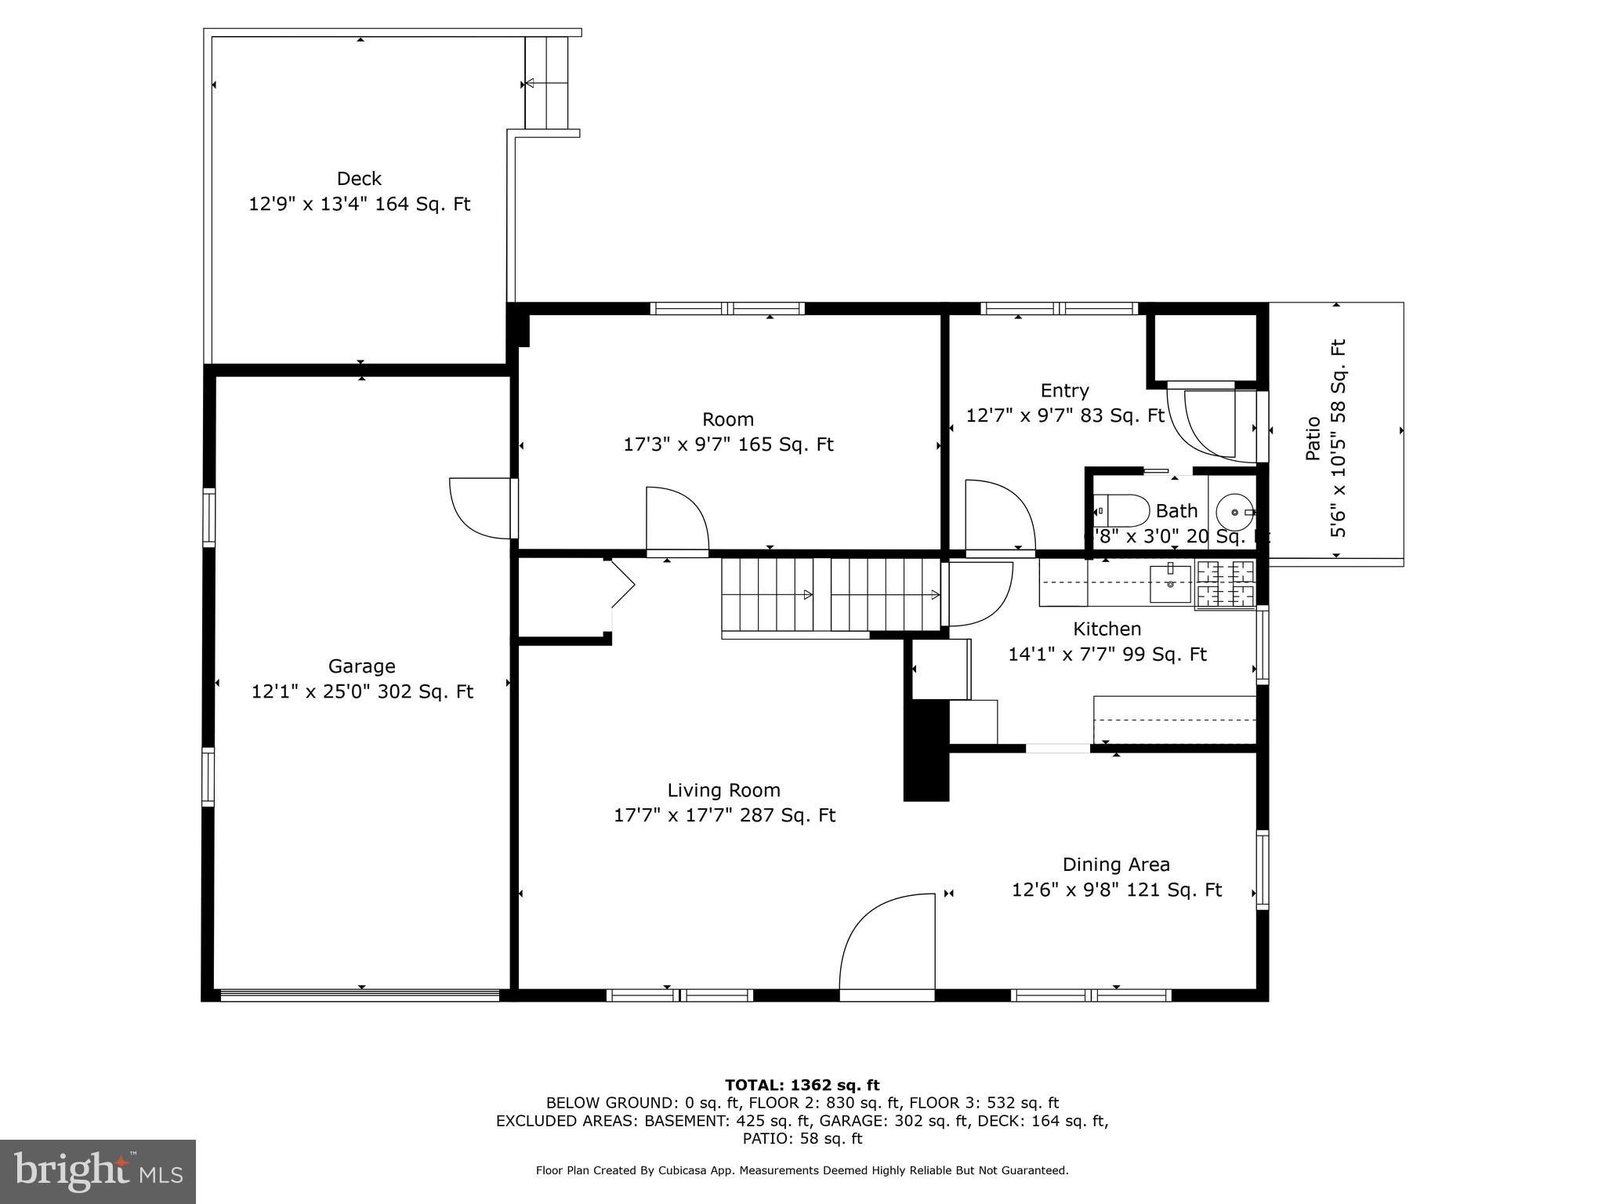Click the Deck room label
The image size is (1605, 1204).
click(359, 179)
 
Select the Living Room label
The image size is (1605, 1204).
click(723, 790)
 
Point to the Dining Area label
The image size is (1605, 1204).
click(1115, 865)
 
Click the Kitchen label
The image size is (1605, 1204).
click(1107, 629)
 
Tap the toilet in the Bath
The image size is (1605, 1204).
click(1121, 510)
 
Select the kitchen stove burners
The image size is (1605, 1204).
click(1225, 585)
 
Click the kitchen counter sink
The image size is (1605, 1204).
click(1170, 583)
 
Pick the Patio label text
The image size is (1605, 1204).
click(1313, 438)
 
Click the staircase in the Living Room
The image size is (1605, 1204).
click(831, 594)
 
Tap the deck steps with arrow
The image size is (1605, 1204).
click(546, 83)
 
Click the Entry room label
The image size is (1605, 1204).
click(1064, 390)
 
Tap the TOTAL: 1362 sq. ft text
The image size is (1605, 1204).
click(802, 1086)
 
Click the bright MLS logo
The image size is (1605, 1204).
click(98, 1171)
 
